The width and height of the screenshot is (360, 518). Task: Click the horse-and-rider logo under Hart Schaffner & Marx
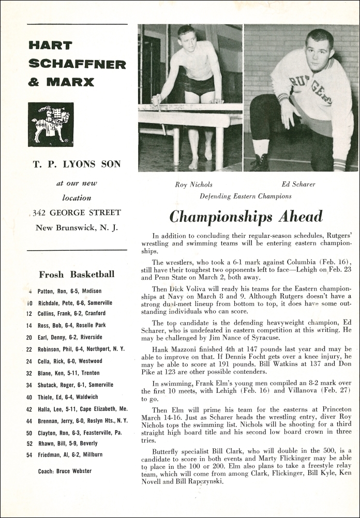click(51, 125)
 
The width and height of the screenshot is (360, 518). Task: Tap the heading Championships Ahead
click(246, 216)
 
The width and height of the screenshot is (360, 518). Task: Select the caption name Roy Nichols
click(194, 184)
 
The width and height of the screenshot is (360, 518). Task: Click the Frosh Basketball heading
click(77, 274)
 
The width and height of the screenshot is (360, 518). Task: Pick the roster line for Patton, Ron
click(70, 291)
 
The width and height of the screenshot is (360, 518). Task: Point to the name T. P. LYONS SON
click(77, 164)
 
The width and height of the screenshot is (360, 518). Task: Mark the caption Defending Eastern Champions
click(245, 196)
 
